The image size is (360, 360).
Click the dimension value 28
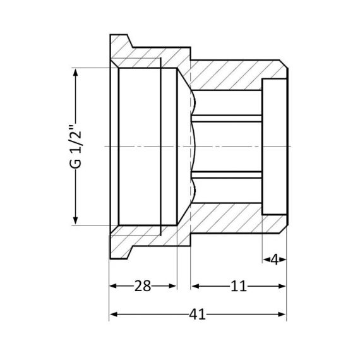pos(143,286)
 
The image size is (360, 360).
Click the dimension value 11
pos(238,286)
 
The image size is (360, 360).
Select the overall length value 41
pos(198,314)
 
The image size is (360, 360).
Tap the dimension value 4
pos(275,259)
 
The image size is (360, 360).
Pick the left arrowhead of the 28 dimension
pos(114,286)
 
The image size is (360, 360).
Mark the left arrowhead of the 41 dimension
pos(114,314)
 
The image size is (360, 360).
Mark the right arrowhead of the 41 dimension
pos(283,314)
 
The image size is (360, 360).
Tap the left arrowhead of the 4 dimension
pos(266,259)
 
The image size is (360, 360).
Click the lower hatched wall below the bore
pos(227,218)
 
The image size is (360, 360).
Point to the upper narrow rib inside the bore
pos(227,117)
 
